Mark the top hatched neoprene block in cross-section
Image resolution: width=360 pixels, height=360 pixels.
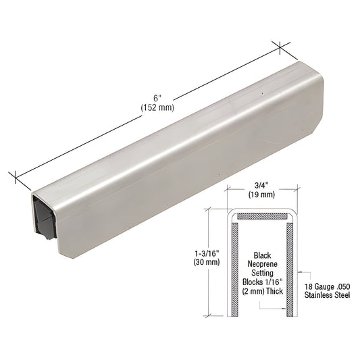(263, 216)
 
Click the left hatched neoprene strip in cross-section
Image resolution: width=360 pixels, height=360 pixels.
(233, 267)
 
